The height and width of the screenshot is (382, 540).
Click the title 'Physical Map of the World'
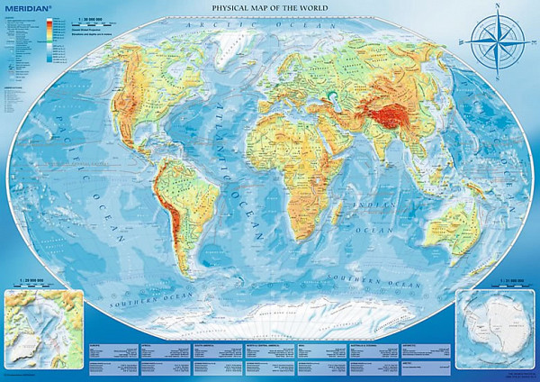pyautogui.click(x=269, y=8)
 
